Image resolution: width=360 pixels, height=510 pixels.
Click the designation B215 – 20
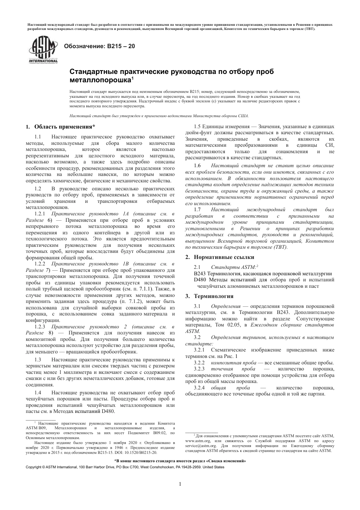(99, 47)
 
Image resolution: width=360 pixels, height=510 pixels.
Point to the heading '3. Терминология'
(209, 296)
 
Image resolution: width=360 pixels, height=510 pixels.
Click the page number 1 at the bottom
(180, 484)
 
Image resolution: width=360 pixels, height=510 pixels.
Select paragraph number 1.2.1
(40, 213)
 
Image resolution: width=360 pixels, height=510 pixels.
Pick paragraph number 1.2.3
(40, 326)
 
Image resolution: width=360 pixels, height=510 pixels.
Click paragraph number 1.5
(197, 126)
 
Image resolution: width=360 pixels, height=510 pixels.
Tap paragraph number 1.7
(197, 209)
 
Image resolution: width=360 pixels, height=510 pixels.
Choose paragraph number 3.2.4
(199, 388)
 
